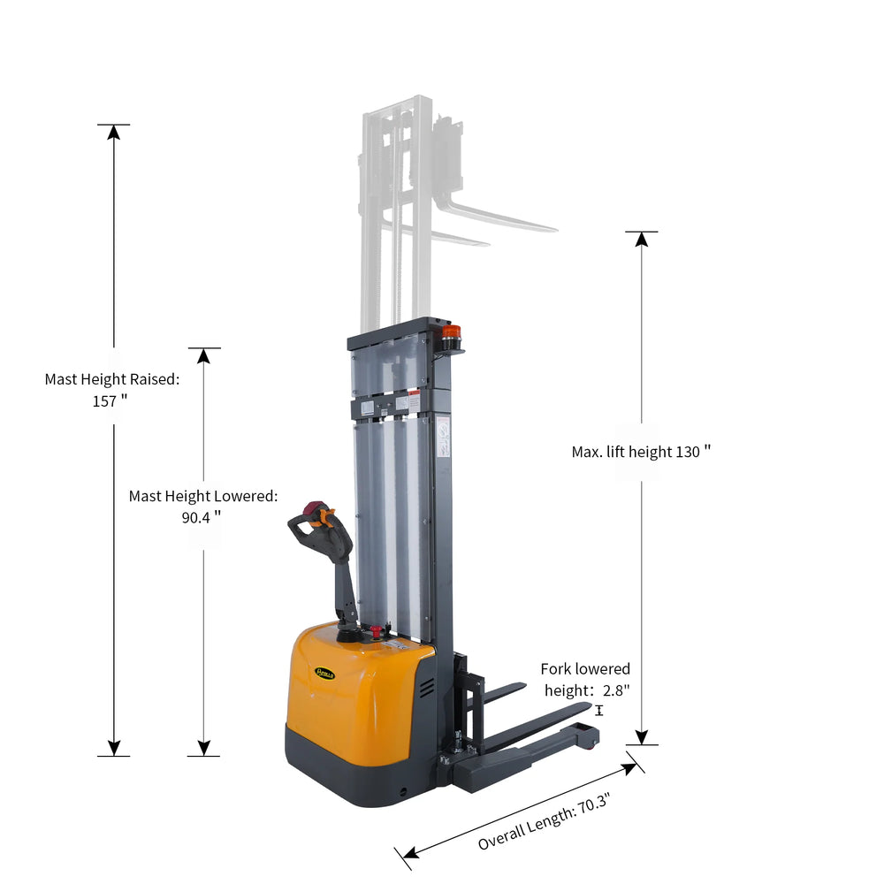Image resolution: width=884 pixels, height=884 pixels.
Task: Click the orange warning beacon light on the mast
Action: point(452,334)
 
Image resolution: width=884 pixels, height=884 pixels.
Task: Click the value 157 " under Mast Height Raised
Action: point(111,400)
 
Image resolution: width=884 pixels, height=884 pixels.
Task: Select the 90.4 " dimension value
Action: point(202,517)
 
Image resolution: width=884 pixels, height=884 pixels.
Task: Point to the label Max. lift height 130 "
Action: point(641,452)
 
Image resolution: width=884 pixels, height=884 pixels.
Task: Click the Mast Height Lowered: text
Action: point(203,496)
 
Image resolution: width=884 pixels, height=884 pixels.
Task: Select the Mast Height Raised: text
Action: point(112,379)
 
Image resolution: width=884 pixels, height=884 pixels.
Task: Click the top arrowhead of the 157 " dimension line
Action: point(113,133)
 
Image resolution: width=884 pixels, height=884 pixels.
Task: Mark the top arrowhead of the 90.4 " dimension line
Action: point(203,355)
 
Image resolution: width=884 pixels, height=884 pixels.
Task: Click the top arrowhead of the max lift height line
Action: point(642,239)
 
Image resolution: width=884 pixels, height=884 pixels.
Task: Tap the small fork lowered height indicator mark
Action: point(599,710)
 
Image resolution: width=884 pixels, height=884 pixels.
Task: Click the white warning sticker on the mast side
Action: point(442,438)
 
